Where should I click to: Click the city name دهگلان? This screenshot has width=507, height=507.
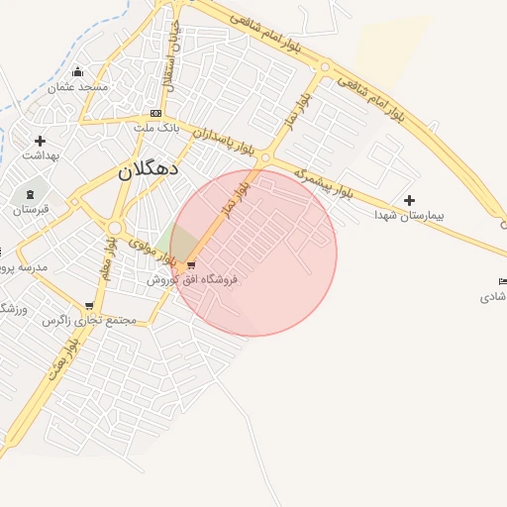[149, 169]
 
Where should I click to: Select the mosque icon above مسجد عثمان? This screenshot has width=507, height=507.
[78, 71]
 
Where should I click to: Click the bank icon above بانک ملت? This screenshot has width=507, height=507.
[155, 113]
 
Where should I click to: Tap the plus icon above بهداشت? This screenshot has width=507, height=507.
[40, 141]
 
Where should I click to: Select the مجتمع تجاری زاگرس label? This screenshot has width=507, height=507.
[89, 321]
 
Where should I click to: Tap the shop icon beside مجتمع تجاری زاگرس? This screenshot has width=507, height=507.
[89, 306]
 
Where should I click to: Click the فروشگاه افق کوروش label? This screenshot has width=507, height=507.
[193, 280]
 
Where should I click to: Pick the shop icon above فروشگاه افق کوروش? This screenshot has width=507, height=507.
[191, 264]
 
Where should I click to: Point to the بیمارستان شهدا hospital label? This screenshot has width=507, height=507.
[410, 215]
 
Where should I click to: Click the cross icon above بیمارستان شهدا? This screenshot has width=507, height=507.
[409, 200]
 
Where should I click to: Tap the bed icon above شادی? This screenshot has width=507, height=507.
[502, 282]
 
